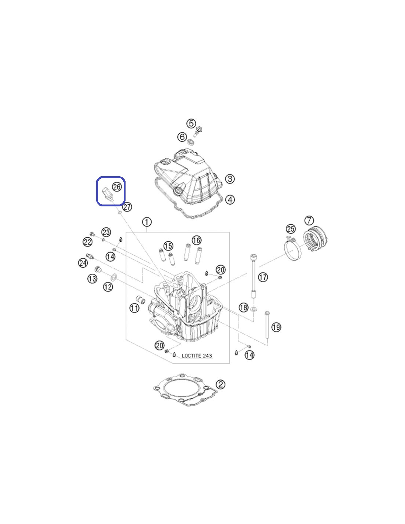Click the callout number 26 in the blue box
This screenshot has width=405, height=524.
click(x=117, y=187)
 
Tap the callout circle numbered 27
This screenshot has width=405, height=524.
click(x=127, y=207)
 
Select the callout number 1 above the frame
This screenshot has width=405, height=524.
click(x=147, y=222)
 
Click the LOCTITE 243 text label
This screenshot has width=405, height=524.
click(x=197, y=356)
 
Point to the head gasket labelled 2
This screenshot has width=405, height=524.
click(x=186, y=394)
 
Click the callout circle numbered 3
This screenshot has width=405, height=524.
click(x=230, y=179)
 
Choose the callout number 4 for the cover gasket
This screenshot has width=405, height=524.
click(x=230, y=200)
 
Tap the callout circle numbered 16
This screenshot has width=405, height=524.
click(x=197, y=240)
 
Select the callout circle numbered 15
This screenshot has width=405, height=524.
click(x=168, y=246)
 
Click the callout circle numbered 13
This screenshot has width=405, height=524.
click(x=92, y=279)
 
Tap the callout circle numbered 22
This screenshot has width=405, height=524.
click(x=87, y=242)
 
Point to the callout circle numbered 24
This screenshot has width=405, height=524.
click(x=83, y=263)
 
